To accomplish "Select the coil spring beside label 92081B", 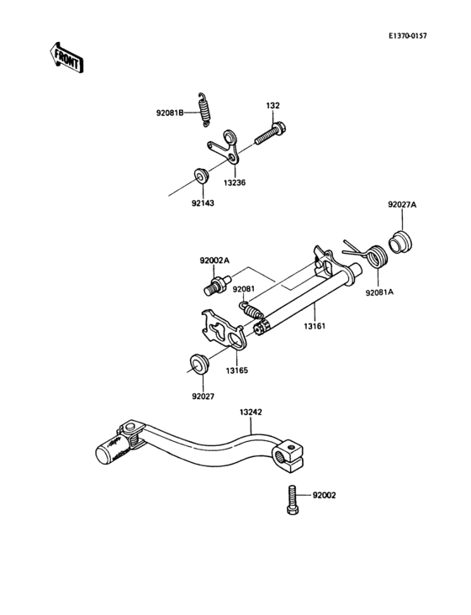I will [204, 108].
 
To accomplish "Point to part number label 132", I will [273, 107].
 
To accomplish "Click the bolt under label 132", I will [270, 132].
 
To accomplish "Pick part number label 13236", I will [235, 181].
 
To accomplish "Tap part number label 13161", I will [316, 322].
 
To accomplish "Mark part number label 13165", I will [235, 369].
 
